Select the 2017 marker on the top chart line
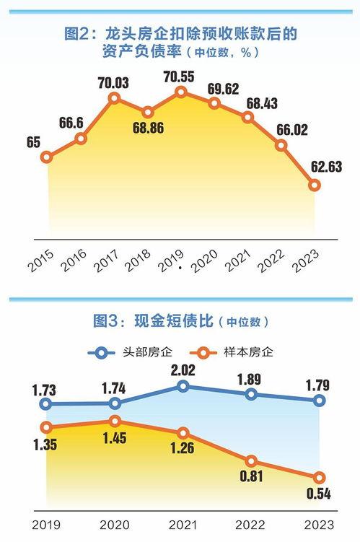click(x=114, y=97)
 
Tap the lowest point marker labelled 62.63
click(x=315, y=185)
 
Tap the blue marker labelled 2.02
click(x=183, y=387)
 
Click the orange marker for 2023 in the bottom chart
click(x=319, y=477)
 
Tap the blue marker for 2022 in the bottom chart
click(x=251, y=395)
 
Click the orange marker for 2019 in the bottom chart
click(x=47, y=427)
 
